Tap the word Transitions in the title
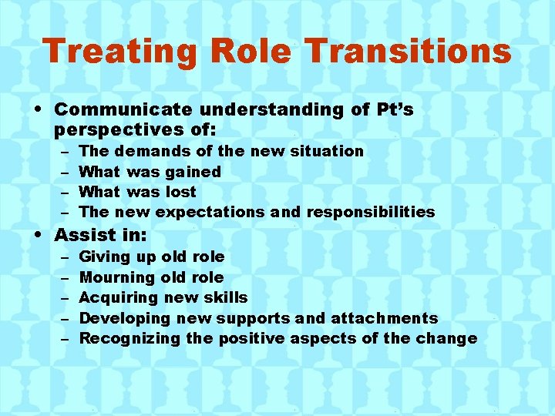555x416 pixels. (408, 52)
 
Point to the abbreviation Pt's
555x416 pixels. (394, 110)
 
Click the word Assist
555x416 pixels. (84, 235)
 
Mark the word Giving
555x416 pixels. (106, 257)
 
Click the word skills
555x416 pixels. (226, 297)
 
